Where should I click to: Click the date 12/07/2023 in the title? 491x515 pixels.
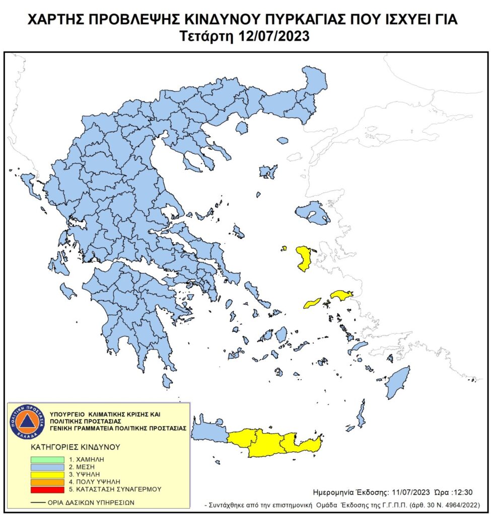275,36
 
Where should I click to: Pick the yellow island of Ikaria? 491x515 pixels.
312,303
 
